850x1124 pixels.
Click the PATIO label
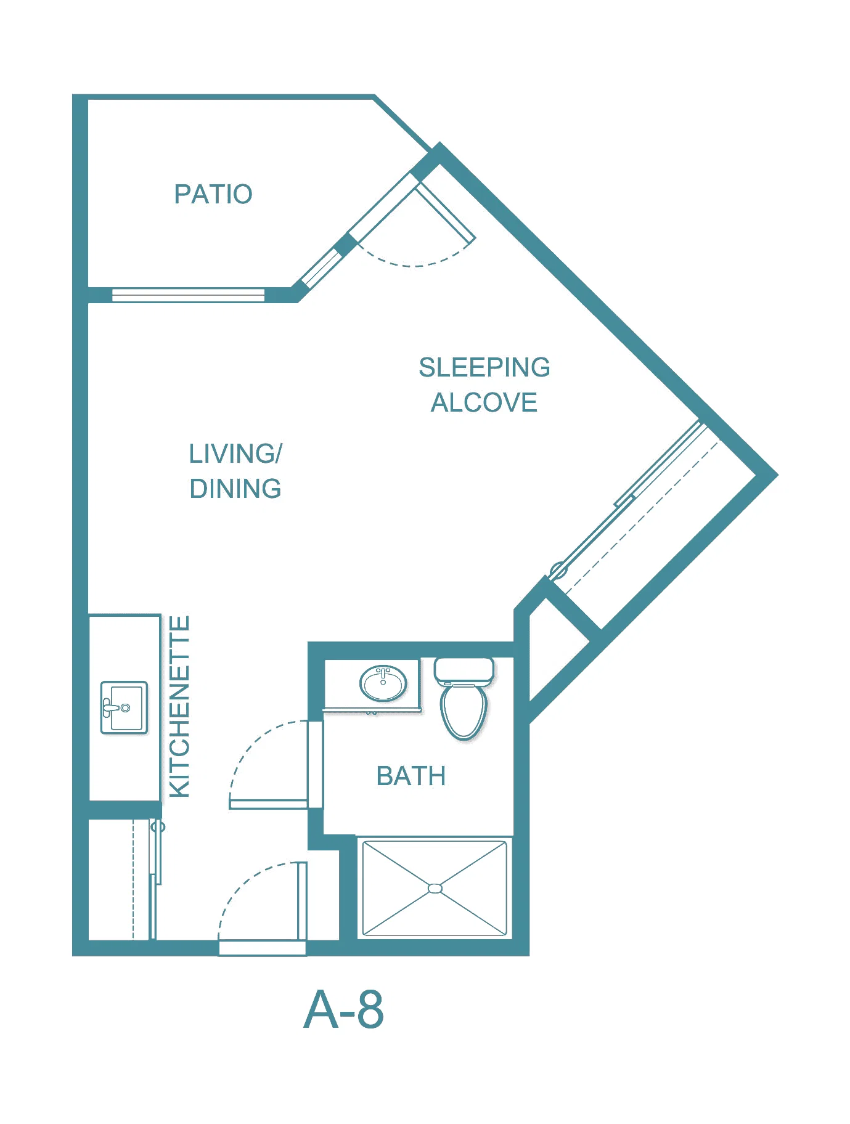coord(213,194)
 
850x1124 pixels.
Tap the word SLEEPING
coord(484,367)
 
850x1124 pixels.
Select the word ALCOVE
coord(484,402)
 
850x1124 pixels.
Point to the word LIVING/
coord(235,454)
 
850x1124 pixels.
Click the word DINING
coord(235,489)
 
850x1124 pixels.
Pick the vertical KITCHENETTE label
coord(179,707)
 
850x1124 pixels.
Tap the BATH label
coord(411,776)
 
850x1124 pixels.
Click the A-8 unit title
coord(344,1009)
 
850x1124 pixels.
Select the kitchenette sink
coord(125,707)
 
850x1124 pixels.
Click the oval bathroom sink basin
coord(383,683)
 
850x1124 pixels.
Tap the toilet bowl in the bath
coord(464,711)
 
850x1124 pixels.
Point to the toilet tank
coord(464,670)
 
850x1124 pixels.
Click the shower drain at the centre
coord(435,888)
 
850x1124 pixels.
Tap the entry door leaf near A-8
coord(302,901)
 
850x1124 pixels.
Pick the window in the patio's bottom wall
coord(189,295)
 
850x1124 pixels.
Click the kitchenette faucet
coord(111,707)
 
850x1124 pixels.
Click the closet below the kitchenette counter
coord(121,879)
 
